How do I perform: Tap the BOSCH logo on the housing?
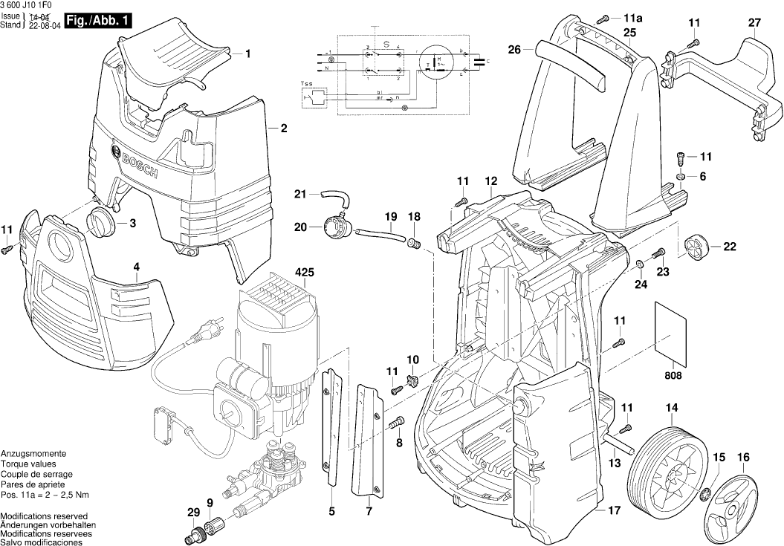(x=135, y=163)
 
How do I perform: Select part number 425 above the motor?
(x=305, y=272)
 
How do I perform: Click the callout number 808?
(x=673, y=375)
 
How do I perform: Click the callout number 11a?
(x=632, y=16)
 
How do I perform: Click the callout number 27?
(x=754, y=23)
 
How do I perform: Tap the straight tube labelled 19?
(x=378, y=236)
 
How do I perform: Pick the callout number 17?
(x=614, y=510)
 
